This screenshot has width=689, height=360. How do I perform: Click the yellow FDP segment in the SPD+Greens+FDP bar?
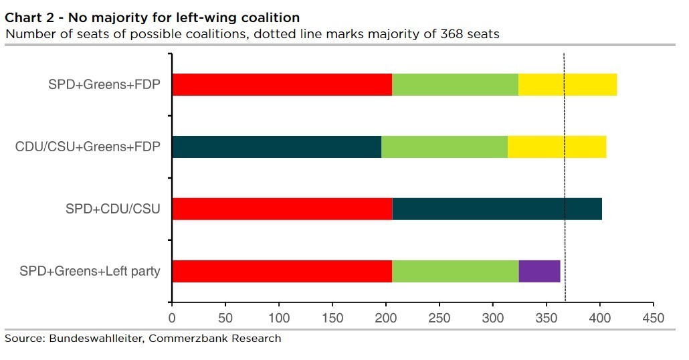click(567, 85)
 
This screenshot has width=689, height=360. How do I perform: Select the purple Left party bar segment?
click(539, 272)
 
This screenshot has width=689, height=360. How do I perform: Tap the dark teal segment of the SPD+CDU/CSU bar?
click(497, 209)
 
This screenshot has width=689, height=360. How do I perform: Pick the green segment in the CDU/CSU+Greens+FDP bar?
click(444, 147)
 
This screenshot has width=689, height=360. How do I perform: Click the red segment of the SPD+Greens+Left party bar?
click(282, 272)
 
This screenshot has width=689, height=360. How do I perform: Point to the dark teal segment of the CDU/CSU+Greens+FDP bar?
click(276, 147)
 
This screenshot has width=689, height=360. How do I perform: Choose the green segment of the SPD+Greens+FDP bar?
click(455, 85)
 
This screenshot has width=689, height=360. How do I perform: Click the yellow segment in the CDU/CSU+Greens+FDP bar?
click(557, 147)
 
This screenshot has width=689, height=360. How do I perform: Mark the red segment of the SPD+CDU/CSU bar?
click(282, 209)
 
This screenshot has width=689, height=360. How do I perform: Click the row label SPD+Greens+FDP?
click(104, 85)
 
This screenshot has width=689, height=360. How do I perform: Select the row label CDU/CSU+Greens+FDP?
click(88, 147)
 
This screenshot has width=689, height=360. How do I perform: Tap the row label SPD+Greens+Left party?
click(90, 272)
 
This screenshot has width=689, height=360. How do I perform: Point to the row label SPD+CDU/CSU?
click(113, 209)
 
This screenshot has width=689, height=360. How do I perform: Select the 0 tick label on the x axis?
click(172, 317)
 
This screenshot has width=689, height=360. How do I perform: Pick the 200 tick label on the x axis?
click(386, 317)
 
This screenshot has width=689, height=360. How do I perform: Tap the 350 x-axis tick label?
click(546, 317)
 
